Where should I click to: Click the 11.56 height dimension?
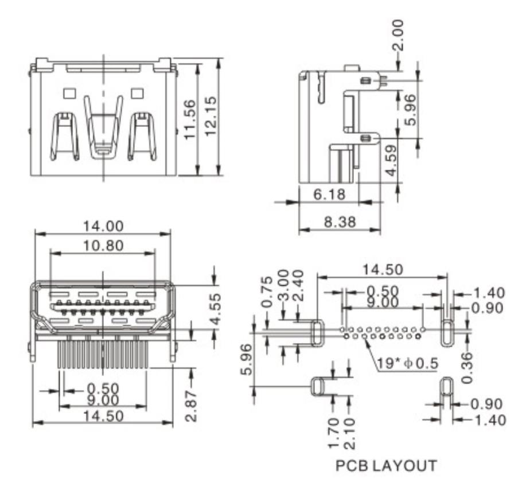[x=190, y=119]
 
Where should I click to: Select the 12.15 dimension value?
[x=211, y=116]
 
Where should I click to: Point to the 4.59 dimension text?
[x=391, y=160]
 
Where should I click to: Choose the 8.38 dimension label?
[x=340, y=222]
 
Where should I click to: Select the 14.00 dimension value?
[x=103, y=226]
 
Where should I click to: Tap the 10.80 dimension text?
[x=103, y=246]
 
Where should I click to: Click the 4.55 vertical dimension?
[x=216, y=308]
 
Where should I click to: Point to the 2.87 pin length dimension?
[x=192, y=406]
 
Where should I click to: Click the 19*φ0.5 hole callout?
[x=407, y=363]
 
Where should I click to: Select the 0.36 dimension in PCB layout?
[x=467, y=368]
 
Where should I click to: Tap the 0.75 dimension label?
[x=267, y=292]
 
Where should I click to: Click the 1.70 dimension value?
[x=333, y=433]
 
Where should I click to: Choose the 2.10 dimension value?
[x=349, y=433]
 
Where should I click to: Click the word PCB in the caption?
[x=352, y=465]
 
